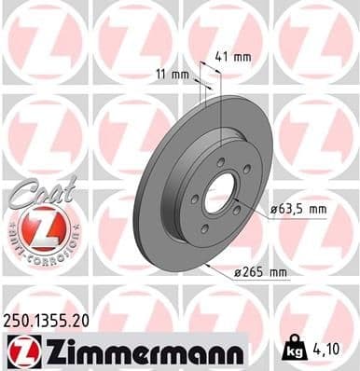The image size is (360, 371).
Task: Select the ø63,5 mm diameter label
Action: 298,210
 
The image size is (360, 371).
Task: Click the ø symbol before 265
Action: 237,271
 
